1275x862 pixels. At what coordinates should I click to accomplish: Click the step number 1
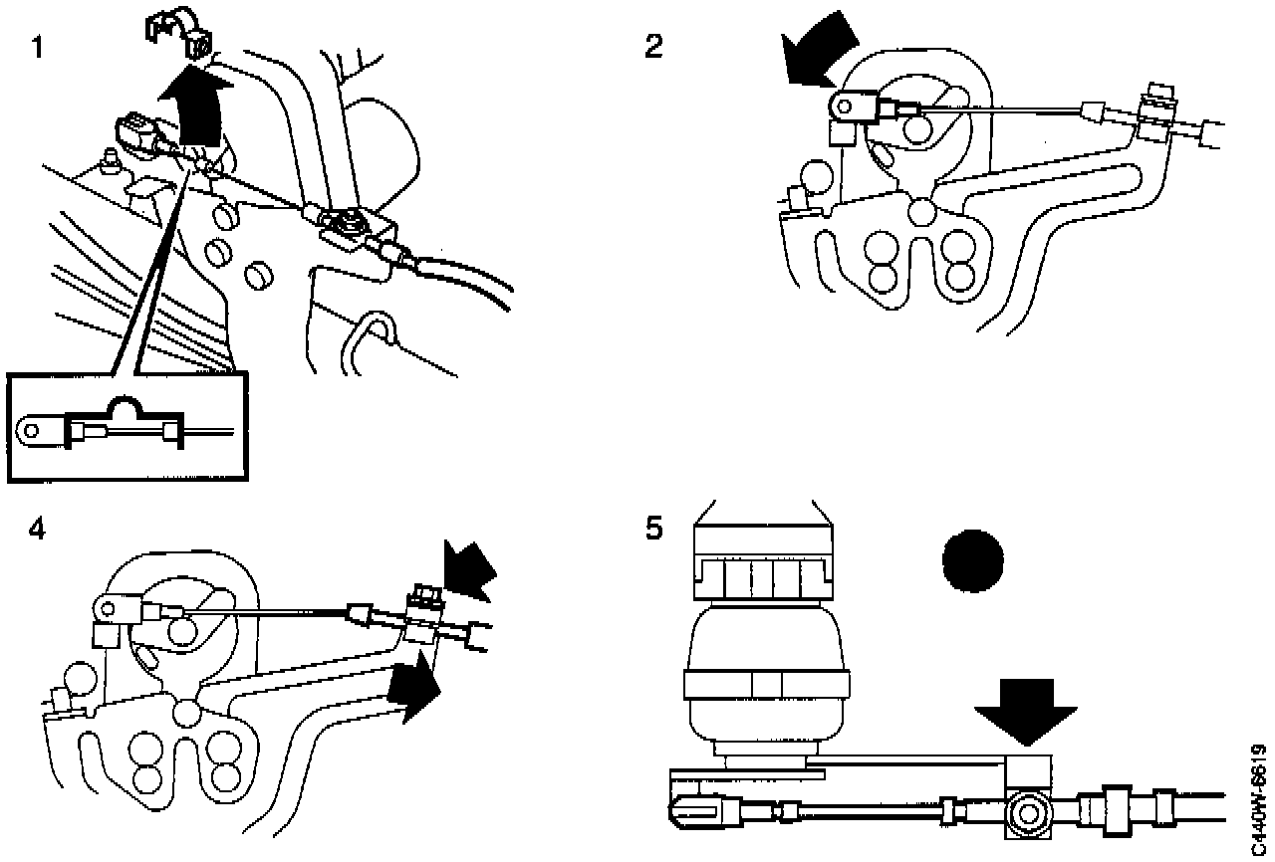pos(37,47)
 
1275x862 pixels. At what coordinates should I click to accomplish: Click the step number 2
pos(653,47)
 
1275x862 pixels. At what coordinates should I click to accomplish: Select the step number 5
pos(653,529)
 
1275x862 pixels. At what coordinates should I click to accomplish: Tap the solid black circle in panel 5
pos(971,560)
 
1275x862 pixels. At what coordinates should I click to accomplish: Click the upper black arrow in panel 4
pos(470,569)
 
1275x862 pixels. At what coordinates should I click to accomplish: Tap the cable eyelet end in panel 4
pos(108,604)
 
